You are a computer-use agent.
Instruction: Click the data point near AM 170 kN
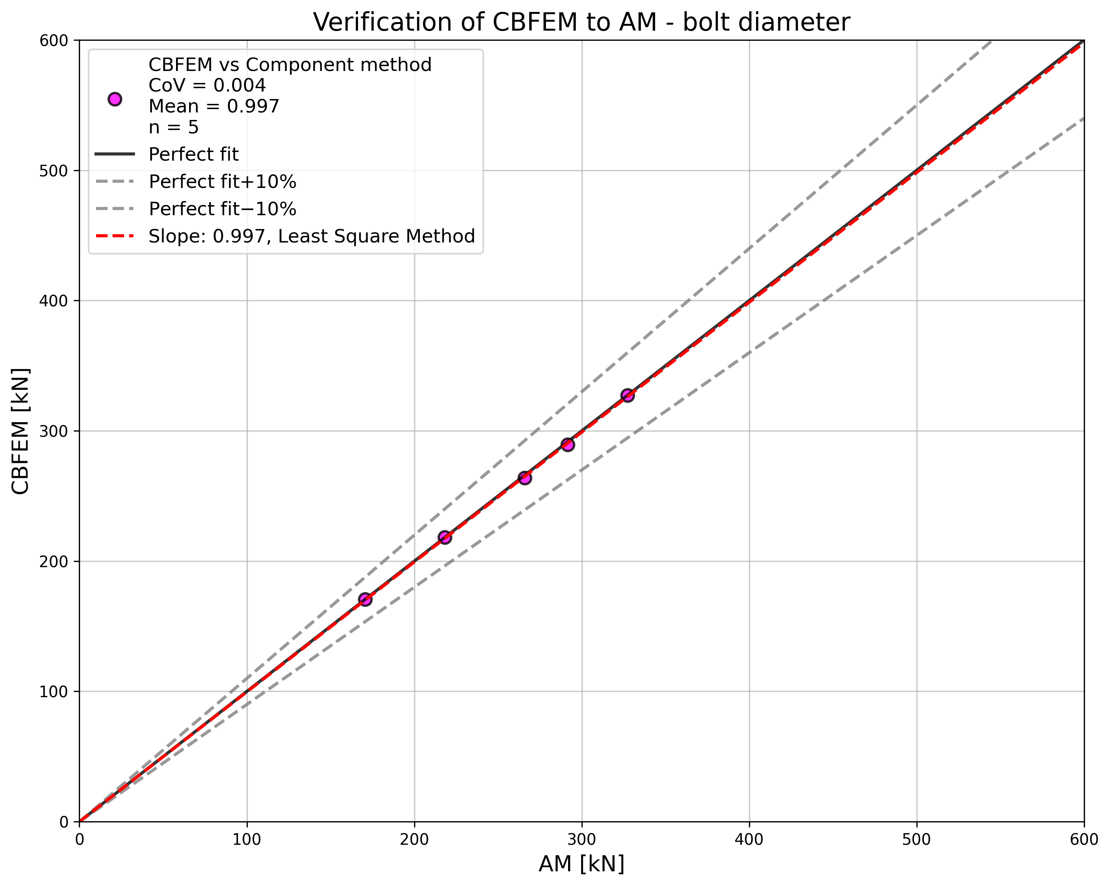tap(365, 599)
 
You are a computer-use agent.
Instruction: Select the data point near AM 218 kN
tap(445, 537)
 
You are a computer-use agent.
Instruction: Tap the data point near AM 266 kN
tap(525, 478)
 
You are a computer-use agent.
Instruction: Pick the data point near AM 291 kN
tap(567, 444)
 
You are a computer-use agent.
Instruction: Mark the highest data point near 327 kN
tap(627, 395)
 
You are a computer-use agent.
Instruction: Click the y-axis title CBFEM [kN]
tap(21, 432)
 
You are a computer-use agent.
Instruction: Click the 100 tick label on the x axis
tap(247, 840)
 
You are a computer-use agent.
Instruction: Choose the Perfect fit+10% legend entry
tap(222, 182)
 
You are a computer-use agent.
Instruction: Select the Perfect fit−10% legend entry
tap(222, 209)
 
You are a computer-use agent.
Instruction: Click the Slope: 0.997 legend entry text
tap(311, 236)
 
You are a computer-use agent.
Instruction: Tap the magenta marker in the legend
tap(115, 99)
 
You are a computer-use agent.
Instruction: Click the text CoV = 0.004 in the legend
tap(207, 86)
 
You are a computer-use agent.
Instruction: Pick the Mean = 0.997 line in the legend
tap(214, 106)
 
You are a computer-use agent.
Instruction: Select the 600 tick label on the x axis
tap(1083, 840)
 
